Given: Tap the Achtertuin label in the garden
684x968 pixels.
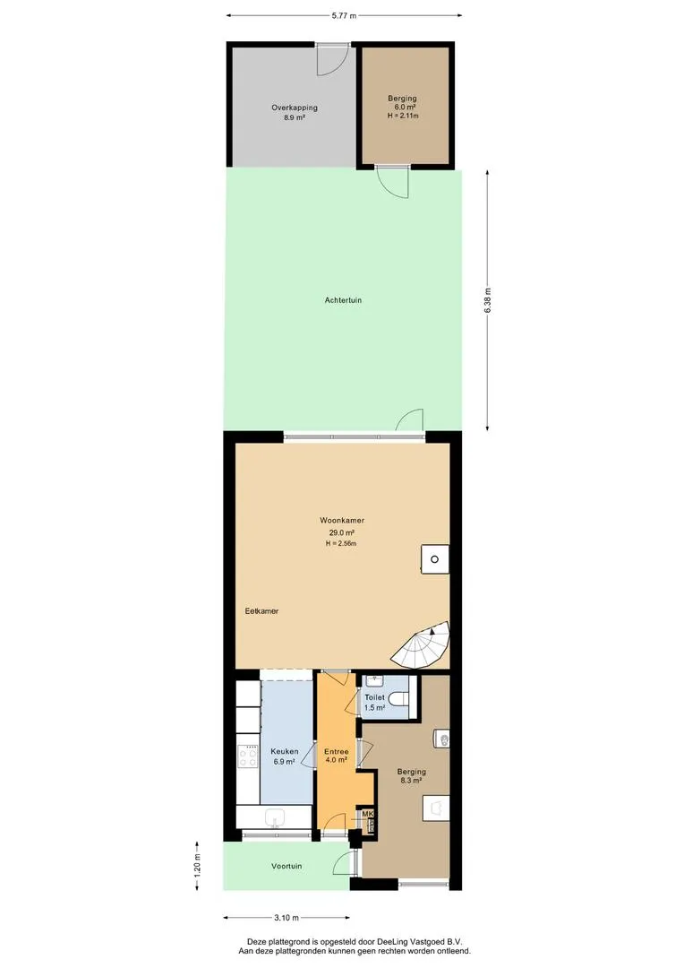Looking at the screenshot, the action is point(343,300).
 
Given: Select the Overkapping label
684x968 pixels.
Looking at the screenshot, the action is point(295,108).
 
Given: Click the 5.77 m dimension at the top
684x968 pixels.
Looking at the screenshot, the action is point(344,16).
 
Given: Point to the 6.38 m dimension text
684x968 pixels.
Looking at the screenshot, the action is point(488,300).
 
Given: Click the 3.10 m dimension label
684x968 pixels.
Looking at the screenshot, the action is point(286,918).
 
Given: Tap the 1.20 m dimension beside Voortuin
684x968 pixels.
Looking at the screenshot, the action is point(197,865).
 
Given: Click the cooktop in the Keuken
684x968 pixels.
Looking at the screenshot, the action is point(249,756).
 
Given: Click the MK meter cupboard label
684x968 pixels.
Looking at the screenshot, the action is point(368,814).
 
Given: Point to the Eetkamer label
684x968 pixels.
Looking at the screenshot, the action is point(261,611).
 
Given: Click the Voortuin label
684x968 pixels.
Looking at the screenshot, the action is point(286,866).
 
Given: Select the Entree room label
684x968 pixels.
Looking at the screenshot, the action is point(336,752).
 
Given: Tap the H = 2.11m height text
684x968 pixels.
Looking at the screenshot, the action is point(403,116).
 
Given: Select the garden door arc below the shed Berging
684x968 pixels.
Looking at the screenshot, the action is point(393,183).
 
